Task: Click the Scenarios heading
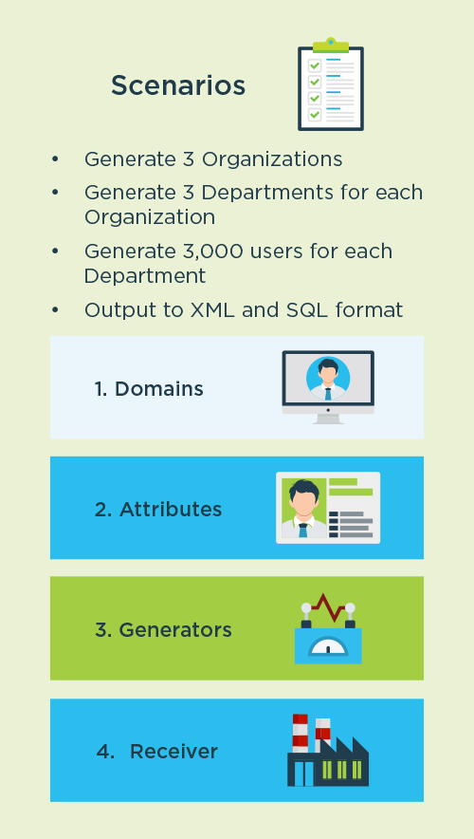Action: tap(178, 85)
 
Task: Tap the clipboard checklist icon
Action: tap(331, 84)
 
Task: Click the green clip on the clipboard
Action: tap(331, 45)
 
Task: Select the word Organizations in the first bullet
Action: tap(271, 159)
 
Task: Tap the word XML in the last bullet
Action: tap(212, 309)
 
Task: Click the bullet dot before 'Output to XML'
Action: tap(55, 309)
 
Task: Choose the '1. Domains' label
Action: tap(149, 389)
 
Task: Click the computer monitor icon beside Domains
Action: tap(328, 387)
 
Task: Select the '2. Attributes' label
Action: tap(158, 510)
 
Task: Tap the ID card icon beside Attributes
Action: tap(328, 508)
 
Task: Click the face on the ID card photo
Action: tap(304, 504)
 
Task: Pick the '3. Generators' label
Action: tap(163, 630)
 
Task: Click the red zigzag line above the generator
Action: tap(328, 607)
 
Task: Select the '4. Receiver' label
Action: tap(157, 752)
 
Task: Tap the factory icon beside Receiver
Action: tap(328, 750)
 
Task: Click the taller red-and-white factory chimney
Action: tap(301, 733)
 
